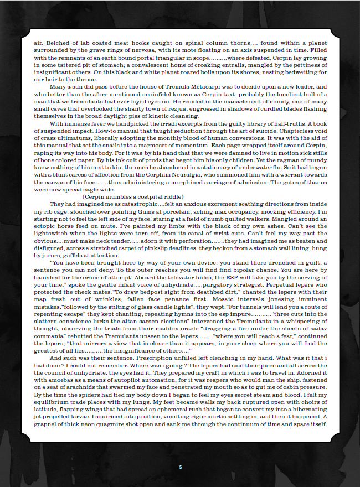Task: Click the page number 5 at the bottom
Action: [180, 467]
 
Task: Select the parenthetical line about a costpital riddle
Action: [133, 196]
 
